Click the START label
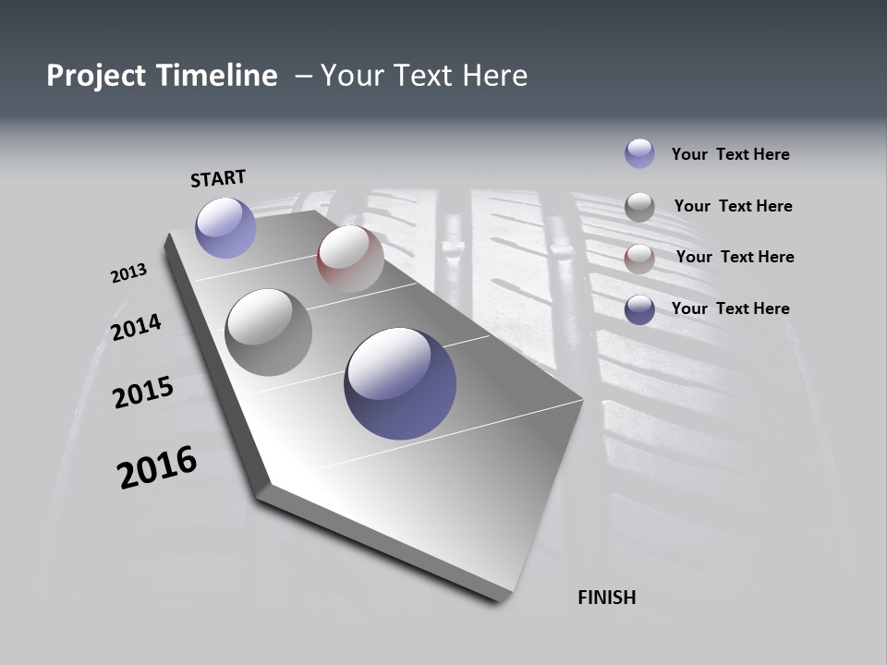tap(218, 178)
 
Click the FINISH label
tap(607, 598)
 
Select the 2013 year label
tap(128, 273)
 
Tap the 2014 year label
tap(137, 328)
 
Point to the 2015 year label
tap(143, 393)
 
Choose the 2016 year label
tap(157, 467)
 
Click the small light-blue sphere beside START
tap(225, 227)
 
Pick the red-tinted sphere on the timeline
tap(350, 259)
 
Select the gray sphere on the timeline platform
tap(269, 332)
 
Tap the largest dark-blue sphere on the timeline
tap(400, 383)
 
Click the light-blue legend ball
tap(639, 153)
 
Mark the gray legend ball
tap(639, 207)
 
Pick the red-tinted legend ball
tap(639, 259)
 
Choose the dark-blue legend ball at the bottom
tap(639, 309)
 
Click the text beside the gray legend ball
tap(733, 206)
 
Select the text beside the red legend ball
tap(735, 257)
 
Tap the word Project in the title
tap(96, 76)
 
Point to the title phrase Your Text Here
tap(424, 76)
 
